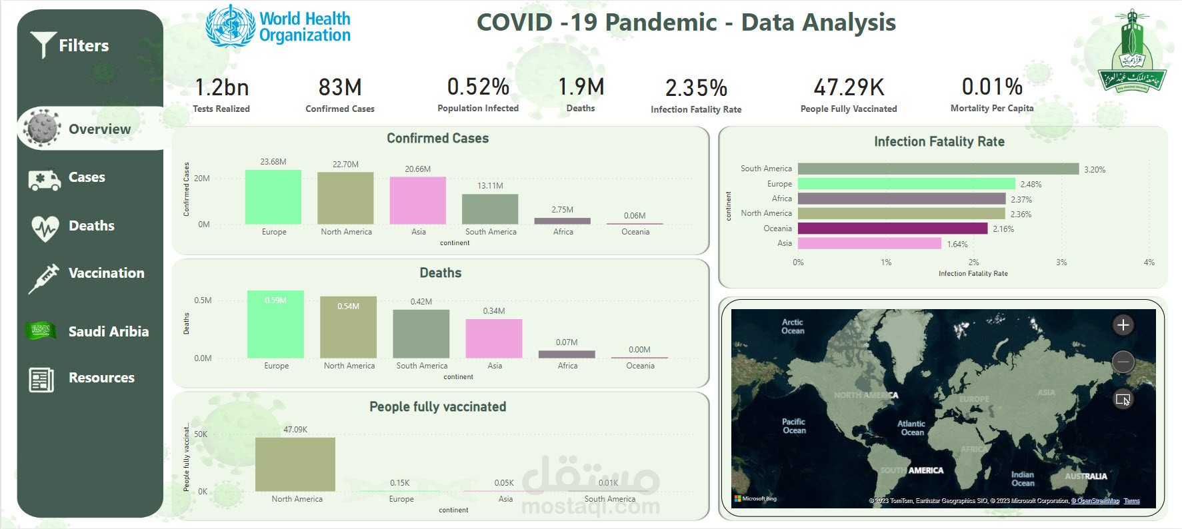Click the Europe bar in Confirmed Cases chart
273,197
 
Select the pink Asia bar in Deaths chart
494,338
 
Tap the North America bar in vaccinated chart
295,464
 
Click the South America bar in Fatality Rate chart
938,169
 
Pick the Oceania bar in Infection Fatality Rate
892,229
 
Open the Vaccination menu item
106,273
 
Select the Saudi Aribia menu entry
108,331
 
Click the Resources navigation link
101,378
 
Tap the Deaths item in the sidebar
91,226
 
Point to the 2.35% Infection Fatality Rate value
696,88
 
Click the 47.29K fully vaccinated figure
849,87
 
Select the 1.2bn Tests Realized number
221,87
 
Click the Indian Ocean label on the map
1023,478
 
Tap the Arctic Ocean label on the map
793,326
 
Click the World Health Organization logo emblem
231,27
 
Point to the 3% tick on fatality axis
1061,263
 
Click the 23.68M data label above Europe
273,162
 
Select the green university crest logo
1131,52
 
